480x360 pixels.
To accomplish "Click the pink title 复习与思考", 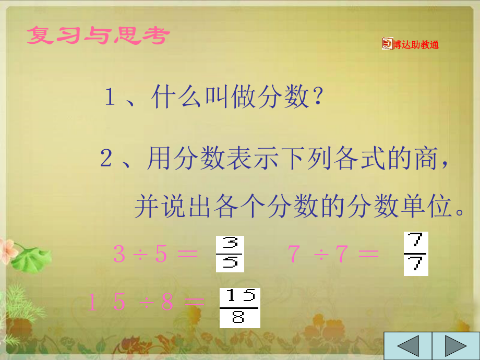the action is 98,35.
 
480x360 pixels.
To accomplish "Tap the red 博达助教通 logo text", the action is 416,45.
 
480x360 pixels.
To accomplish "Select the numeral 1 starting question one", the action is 110,97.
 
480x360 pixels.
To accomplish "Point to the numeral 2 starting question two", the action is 106,158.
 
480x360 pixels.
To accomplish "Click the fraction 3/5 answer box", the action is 230,254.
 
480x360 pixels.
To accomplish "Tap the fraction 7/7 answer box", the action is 416,254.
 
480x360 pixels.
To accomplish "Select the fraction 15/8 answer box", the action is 239,308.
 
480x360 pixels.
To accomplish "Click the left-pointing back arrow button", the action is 408,346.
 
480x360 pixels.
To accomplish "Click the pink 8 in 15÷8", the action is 167,302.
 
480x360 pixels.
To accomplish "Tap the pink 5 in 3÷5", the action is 161,254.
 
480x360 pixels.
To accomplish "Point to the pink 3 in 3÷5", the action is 119,254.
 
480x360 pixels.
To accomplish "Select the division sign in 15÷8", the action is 147,303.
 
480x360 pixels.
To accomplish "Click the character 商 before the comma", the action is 426,158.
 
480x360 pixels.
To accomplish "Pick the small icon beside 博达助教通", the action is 387,43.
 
